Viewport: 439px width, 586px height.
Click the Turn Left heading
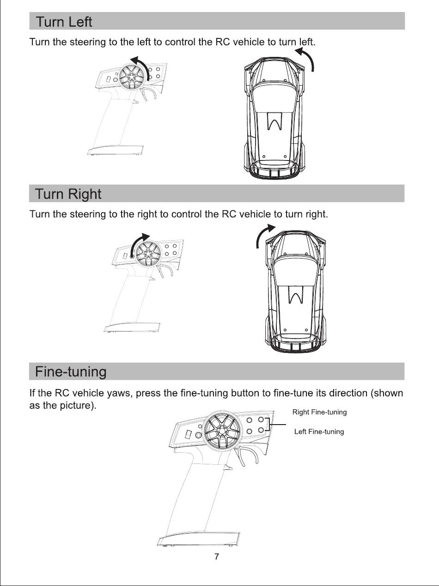[64, 22]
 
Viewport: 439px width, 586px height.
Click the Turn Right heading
[68, 194]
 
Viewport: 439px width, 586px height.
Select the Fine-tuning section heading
[71, 371]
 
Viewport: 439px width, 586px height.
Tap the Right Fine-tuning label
[319, 412]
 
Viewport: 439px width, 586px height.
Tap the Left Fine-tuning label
[319, 432]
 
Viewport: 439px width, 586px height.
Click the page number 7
[217, 557]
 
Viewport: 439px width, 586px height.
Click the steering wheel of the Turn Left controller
[132, 77]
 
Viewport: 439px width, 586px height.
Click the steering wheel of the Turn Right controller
[148, 253]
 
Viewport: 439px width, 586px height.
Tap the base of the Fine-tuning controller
[198, 538]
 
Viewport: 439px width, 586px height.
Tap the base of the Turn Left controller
[115, 150]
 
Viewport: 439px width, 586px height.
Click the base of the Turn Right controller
[132, 327]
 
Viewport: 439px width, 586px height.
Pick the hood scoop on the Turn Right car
[296, 295]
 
